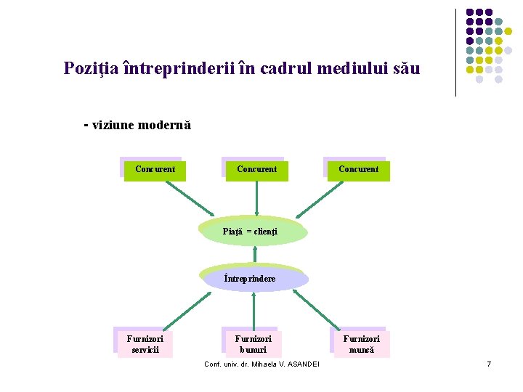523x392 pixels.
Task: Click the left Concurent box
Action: click(x=153, y=170)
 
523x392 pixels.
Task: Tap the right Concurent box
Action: click(x=357, y=170)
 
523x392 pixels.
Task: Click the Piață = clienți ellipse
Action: click(x=254, y=232)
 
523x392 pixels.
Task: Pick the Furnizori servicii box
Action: click(x=145, y=344)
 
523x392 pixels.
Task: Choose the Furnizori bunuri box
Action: click(x=253, y=344)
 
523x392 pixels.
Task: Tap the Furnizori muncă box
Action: click(x=360, y=344)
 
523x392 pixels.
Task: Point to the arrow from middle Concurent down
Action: click(x=256, y=197)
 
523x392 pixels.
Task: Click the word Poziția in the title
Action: click(x=91, y=69)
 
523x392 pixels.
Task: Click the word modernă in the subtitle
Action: click(x=163, y=125)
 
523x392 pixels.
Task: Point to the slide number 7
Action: click(x=489, y=364)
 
